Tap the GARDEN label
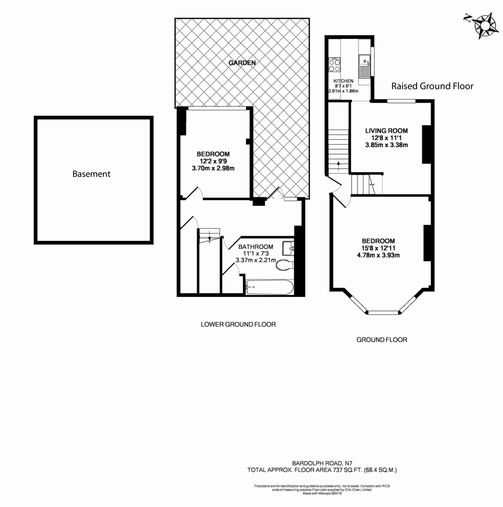pyautogui.click(x=242, y=63)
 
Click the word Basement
pyautogui.click(x=91, y=174)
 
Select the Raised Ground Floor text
pyautogui.click(x=432, y=86)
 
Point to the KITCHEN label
pyautogui.click(x=343, y=81)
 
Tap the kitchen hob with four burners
pyautogui.click(x=335, y=65)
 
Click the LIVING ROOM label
pyautogui.click(x=386, y=131)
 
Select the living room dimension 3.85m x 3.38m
pyautogui.click(x=386, y=145)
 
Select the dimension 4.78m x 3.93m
pyautogui.click(x=378, y=255)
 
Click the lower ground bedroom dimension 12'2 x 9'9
pyautogui.click(x=213, y=161)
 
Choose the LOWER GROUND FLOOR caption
pyautogui.click(x=238, y=324)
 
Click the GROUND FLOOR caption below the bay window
pyautogui.click(x=381, y=340)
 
